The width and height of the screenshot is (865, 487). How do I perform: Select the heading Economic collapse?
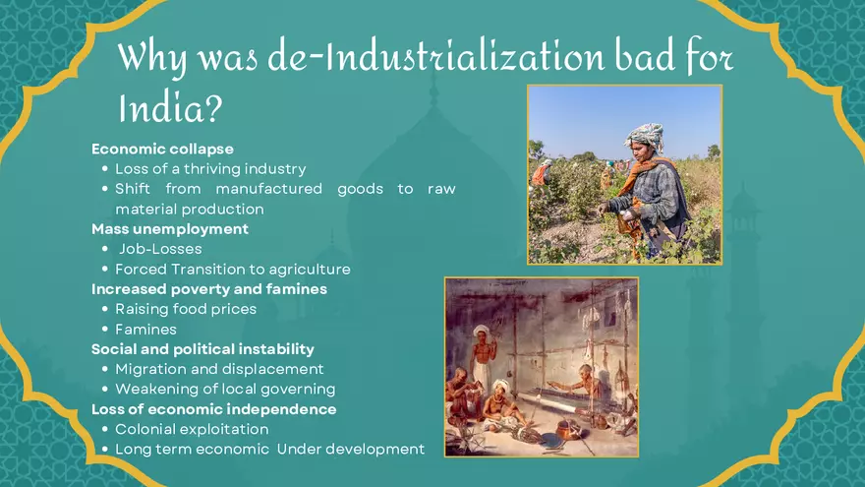coord(162,149)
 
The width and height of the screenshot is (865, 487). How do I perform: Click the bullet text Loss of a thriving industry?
coord(210,169)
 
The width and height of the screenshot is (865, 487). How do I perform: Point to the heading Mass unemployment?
coord(170,229)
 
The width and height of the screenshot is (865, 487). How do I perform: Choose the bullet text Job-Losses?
coord(160,249)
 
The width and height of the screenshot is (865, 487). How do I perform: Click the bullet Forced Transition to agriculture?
coord(232,269)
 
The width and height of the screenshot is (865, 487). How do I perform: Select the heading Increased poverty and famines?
coord(209,289)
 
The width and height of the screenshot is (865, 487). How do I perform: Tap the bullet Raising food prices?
coord(186,309)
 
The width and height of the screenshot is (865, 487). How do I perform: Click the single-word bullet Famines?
coord(145,330)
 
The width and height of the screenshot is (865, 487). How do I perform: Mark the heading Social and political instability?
coord(202,349)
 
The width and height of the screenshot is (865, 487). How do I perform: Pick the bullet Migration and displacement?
coord(219,369)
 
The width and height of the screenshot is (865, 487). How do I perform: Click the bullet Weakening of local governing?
coord(225,390)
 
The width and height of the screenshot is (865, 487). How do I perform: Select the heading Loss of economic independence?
coord(213,409)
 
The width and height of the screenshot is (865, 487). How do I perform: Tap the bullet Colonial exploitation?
coord(192,429)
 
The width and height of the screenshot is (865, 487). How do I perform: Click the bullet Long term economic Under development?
coord(269,450)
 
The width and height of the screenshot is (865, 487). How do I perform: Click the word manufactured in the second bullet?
coord(268,189)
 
